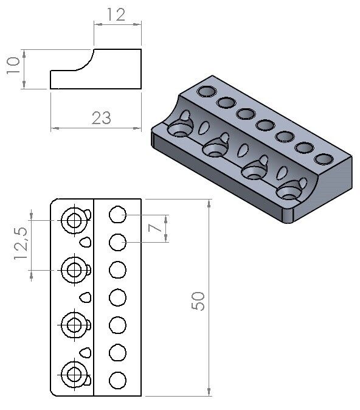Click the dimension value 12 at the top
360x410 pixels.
tap(116, 14)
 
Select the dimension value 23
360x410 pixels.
tap(101, 117)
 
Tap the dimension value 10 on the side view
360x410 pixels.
tap(13, 63)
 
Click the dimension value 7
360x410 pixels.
tap(156, 229)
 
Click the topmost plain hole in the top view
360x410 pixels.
tap(117, 214)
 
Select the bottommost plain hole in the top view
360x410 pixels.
tap(117, 381)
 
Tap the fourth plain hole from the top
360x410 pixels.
tap(117, 297)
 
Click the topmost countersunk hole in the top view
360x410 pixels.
tap(74, 220)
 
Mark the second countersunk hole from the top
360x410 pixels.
tap(74, 269)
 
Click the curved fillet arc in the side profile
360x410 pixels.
tap(85, 61)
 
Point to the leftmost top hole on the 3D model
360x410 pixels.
tap(206, 92)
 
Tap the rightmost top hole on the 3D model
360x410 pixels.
tap(323, 159)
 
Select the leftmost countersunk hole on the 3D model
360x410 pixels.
tap(180, 128)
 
